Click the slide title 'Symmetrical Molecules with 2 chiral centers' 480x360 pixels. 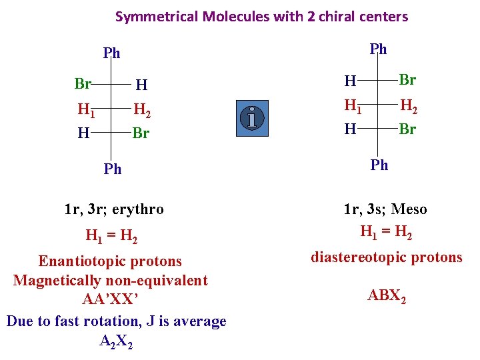click(261, 17)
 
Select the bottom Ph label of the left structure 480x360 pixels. click(113, 169)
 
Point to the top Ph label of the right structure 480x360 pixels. click(378, 49)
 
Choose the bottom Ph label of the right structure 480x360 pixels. click(379, 165)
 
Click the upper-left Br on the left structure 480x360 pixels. click(83, 84)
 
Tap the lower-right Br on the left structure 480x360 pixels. click(141, 133)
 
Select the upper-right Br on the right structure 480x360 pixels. click(407, 80)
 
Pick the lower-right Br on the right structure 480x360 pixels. click(407, 129)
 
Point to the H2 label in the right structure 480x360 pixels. click(409, 105)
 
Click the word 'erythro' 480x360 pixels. click(138, 209)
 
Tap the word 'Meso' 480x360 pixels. click(409, 209)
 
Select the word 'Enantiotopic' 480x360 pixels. click(81, 261)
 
